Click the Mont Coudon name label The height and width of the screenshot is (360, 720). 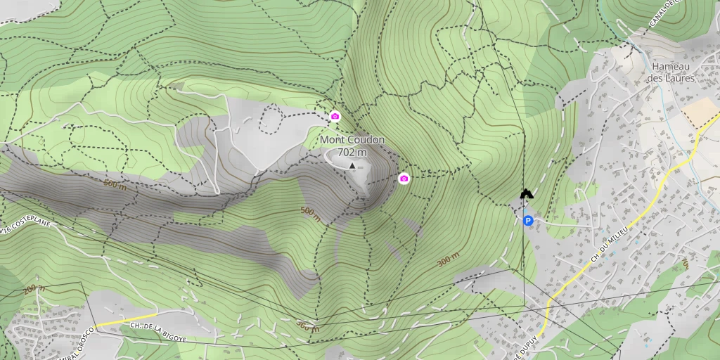click(x=352, y=140)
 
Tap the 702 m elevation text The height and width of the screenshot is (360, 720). click(x=352, y=152)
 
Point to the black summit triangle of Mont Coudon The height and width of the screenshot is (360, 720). click(x=352, y=165)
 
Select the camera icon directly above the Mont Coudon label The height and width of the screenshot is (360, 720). click(x=335, y=116)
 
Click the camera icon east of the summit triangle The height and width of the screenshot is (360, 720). click(x=404, y=179)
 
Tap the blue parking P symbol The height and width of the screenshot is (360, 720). click(x=528, y=221)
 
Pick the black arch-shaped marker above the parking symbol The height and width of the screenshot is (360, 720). click(x=526, y=193)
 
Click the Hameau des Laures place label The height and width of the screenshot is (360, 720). click(x=672, y=72)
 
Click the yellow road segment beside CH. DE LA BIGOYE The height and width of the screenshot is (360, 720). click(x=112, y=321)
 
